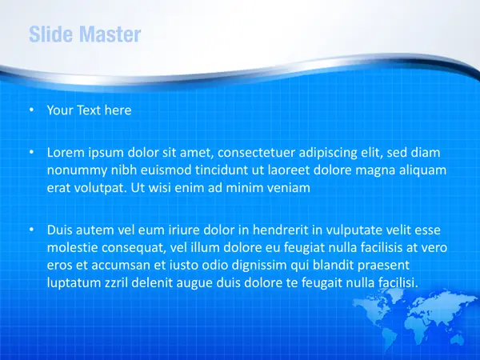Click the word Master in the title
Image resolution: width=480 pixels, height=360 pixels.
tap(111, 34)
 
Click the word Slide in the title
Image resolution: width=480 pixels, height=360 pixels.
tap(52, 34)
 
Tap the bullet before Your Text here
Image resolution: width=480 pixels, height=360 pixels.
tap(31, 110)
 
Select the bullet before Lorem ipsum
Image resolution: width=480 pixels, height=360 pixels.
tap(31, 152)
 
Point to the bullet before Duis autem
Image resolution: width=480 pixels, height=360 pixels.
tap(31, 230)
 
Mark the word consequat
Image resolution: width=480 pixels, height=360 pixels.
tap(134, 248)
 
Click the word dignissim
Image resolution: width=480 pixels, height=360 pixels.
tap(259, 266)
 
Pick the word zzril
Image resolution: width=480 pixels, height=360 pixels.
tap(116, 282)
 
